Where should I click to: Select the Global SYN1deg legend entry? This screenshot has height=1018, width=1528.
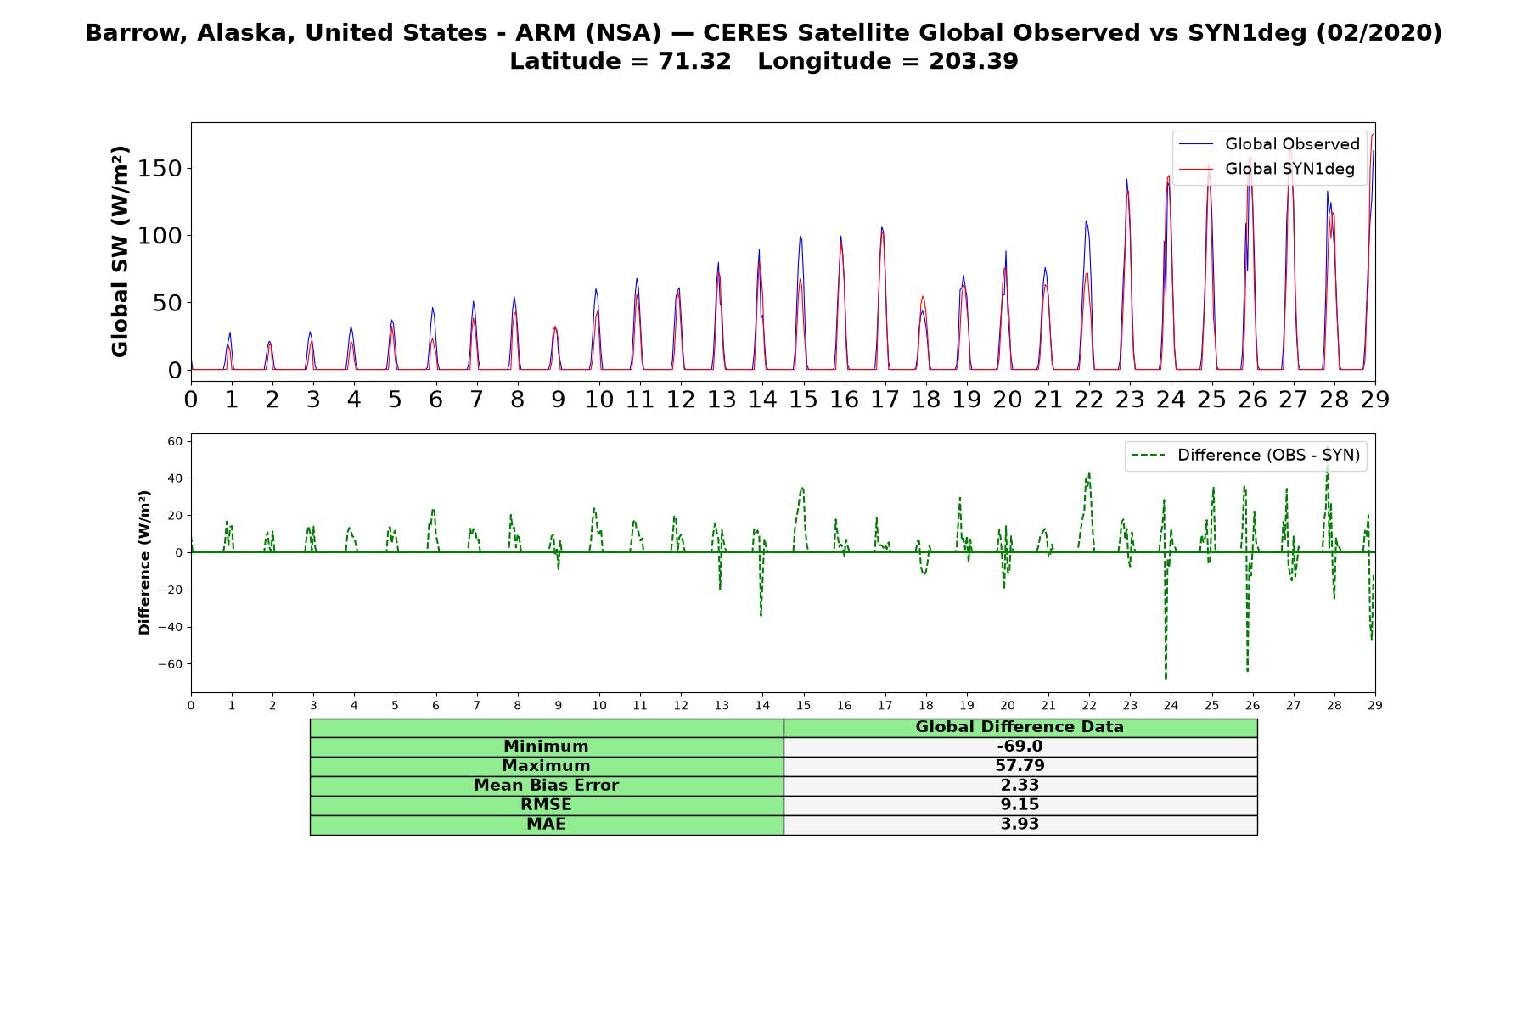pyautogui.click(x=1267, y=169)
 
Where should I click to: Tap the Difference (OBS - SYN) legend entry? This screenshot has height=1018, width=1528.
pyautogui.click(x=1246, y=456)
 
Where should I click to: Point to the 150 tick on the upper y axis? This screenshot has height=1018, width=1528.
pyautogui.click(x=161, y=168)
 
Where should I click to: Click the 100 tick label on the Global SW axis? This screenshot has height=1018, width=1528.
pyautogui.click(x=161, y=236)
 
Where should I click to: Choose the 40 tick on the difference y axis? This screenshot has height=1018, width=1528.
pyautogui.click(x=175, y=478)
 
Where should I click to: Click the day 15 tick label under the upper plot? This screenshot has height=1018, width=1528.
pyautogui.click(x=803, y=400)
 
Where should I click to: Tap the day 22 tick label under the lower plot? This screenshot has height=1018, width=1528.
pyautogui.click(x=1089, y=705)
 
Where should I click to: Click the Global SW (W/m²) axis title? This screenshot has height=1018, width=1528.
pyautogui.click(x=120, y=252)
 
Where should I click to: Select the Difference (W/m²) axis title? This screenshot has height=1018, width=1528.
pyautogui.click(x=144, y=562)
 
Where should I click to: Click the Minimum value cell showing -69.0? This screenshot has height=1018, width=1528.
pyautogui.click(x=1020, y=747)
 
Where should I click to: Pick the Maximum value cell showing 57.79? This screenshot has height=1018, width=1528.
pyautogui.click(x=1020, y=766)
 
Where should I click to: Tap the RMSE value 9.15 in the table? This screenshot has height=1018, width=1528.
pyautogui.click(x=1020, y=804)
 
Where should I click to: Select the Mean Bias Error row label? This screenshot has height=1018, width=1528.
pyautogui.click(x=546, y=786)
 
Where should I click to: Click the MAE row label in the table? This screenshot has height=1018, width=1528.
pyautogui.click(x=546, y=825)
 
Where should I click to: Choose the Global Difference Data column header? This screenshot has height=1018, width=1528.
pyautogui.click(x=1020, y=727)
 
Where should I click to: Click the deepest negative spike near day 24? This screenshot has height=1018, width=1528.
pyautogui.click(x=1166, y=679)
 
